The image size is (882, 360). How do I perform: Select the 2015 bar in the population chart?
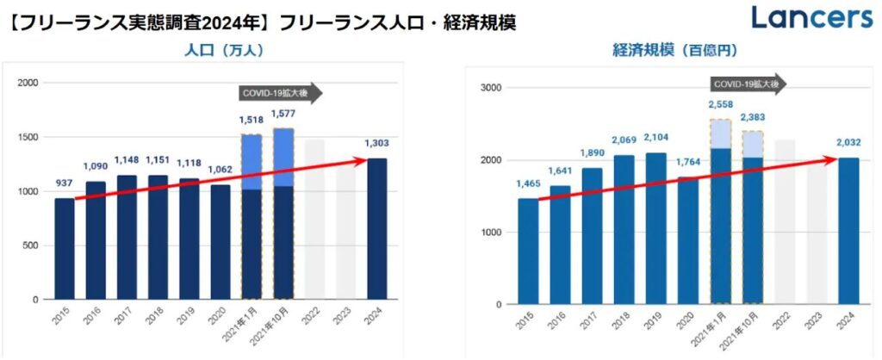(65, 249)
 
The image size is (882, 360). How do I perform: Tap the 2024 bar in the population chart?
(377, 229)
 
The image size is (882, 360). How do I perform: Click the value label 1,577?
(283, 113)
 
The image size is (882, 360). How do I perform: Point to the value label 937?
(65, 183)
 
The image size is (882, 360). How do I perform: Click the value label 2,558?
(720, 104)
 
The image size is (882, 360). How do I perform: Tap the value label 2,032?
(848, 143)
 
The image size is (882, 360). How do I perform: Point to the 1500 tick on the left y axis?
(28, 137)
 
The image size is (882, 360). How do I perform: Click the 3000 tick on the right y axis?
(491, 88)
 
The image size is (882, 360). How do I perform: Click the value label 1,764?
(688, 162)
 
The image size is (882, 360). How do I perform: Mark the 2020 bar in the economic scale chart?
(688, 240)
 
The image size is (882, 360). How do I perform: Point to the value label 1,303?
(377, 144)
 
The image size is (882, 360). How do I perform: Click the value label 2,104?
(656, 138)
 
